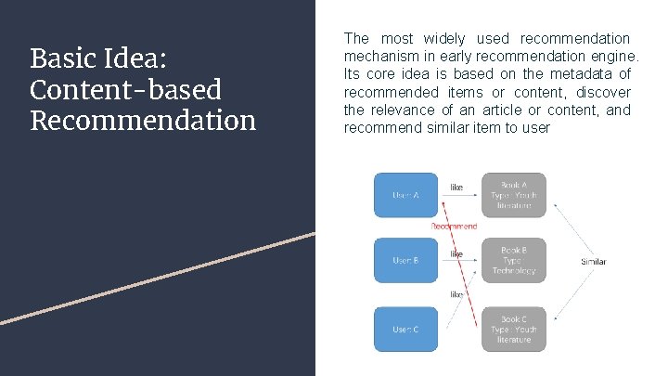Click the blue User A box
pyautogui.click(x=405, y=195)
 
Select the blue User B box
pyautogui.click(x=405, y=261)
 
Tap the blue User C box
pyautogui.click(x=405, y=330)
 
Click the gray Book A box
pyautogui.click(x=513, y=195)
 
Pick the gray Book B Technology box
pyautogui.click(x=513, y=261)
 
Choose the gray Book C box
pyautogui.click(x=513, y=330)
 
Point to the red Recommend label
pyautogui.click(x=455, y=226)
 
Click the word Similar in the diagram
pyautogui.click(x=594, y=262)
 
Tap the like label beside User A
pyautogui.click(x=456, y=188)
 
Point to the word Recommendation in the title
pyautogui.click(x=143, y=121)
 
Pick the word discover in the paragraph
pyautogui.click(x=603, y=92)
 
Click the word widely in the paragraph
pyautogui.click(x=446, y=39)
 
